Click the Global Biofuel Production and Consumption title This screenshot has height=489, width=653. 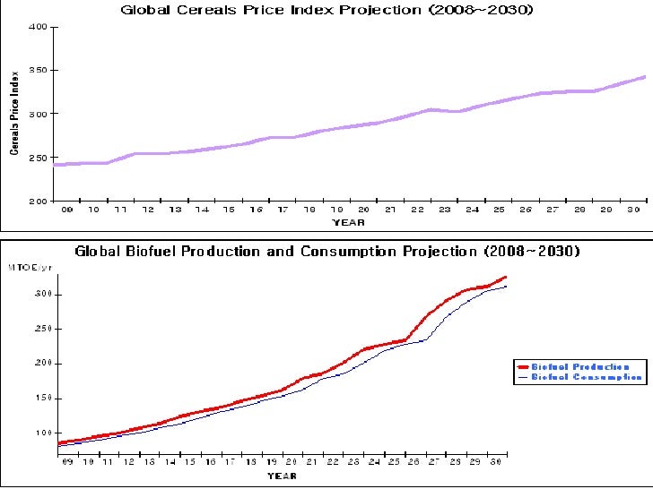coord(327,252)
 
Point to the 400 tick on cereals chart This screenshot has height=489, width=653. coord(38,27)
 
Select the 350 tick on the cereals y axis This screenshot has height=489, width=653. coord(38,70)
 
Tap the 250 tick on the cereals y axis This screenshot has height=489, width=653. coord(38,158)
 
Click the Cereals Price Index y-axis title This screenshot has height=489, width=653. coord(14,114)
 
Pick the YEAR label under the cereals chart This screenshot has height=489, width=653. coord(348,221)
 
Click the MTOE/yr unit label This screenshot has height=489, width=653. coord(24,268)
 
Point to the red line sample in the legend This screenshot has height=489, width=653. coord(523,366)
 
